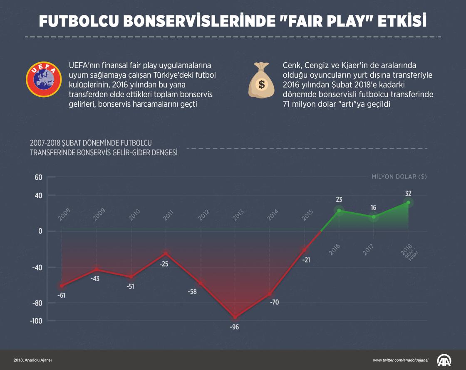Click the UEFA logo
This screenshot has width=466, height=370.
[x=42, y=79]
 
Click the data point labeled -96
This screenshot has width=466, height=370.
[x=235, y=317]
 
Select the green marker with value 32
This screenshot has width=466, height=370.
[x=408, y=203]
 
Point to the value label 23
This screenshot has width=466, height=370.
[x=339, y=200]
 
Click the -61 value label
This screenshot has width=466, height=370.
[x=62, y=295]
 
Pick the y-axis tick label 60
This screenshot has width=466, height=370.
[x=38, y=177]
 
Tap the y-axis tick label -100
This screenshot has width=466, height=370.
[x=37, y=321]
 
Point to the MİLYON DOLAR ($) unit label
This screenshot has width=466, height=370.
[x=399, y=176]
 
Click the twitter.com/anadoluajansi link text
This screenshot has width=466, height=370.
[x=400, y=360]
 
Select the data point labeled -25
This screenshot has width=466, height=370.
[x=166, y=254]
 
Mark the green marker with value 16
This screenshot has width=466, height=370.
[x=374, y=217]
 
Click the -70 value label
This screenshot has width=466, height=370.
[x=274, y=302]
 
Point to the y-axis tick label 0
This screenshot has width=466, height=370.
[x=40, y=231]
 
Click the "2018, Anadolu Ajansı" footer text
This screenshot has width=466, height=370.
[x=33, y=360]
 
